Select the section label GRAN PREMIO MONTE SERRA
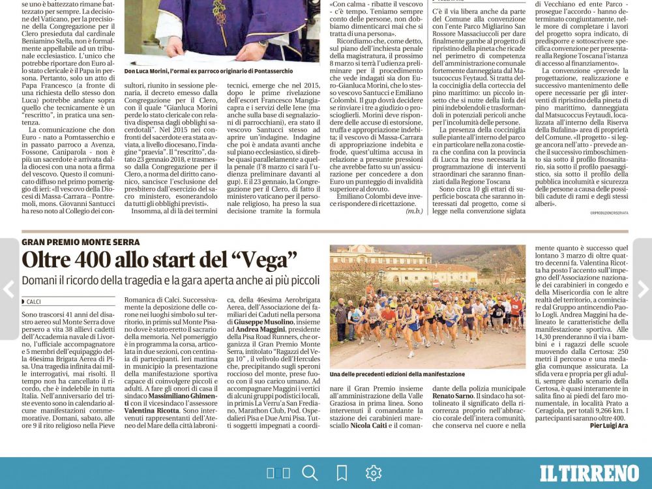pyautogui.click(x=80, y=242)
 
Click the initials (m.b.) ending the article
pyautogui.click(x=413, y=211)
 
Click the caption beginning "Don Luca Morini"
pyautogui.click(x=209, y=71)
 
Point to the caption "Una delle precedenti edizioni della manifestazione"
pyautogui.click(x=397, y=374)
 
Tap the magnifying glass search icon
pyautogui.click(x=310, y=473)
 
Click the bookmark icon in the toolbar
pyautogui.click(x=342, y=473)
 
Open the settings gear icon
pyautogui.click(x=373, y=473)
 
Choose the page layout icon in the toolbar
pyautogui.click(x=278, y=473)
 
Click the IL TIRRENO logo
pyautogui.click(x=589, y=473)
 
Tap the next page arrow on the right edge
pyautogui.click(x=643, y=289)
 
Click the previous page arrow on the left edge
pyautogui.click(x=8, y=289)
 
